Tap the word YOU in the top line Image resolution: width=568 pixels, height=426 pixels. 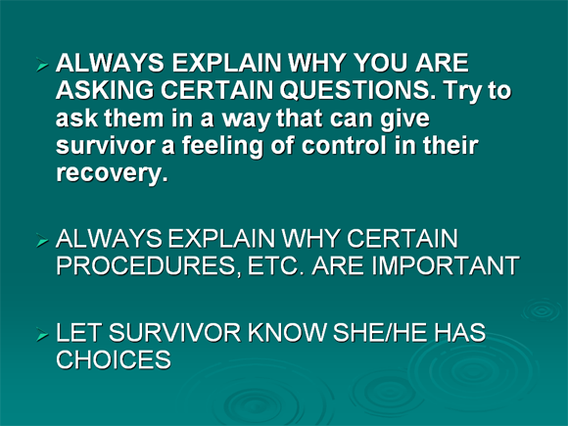coord(380,63)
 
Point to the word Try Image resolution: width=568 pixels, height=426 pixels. coord(463,91)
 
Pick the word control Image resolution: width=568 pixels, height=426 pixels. coord(344,145)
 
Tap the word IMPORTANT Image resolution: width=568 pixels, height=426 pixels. coord(446,265)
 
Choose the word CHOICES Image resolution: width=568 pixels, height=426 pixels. coord(114,359)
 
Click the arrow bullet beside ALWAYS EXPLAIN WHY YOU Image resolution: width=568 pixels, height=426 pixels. coord(42,66)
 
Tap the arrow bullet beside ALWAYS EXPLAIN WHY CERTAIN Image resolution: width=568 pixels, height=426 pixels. coord(42,241)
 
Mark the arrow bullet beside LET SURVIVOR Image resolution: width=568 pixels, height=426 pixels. coord(42,335)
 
